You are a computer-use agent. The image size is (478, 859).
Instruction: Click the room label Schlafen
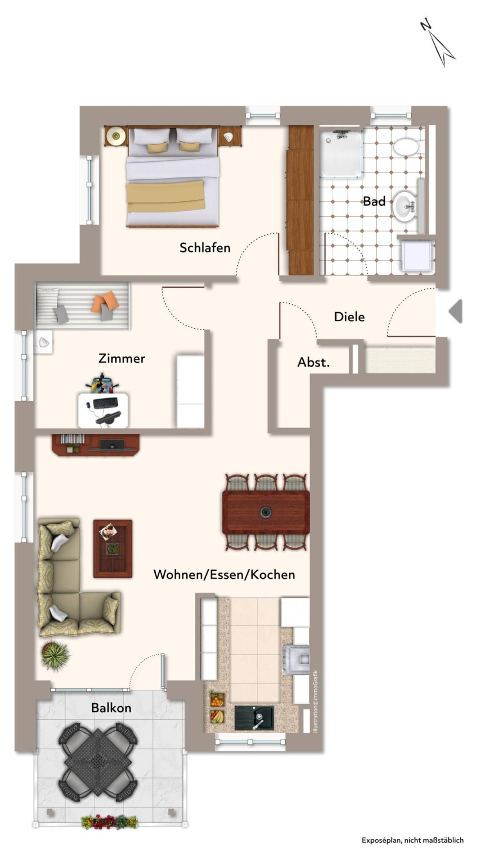[205, 247]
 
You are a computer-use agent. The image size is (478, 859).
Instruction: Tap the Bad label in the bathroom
[374, 201]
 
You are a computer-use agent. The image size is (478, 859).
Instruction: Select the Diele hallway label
[349, 317]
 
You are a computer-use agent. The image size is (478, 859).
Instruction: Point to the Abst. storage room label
[313, 362]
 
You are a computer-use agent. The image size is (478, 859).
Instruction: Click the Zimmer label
[122, 358]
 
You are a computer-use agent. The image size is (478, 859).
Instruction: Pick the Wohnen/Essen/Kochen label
[224, 574]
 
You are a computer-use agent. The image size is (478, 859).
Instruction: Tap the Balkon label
[111, 708]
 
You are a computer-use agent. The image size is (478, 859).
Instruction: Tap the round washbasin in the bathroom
[403, 205]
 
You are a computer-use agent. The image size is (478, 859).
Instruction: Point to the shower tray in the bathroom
[341, 154]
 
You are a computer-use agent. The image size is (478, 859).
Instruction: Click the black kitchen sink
[254, 718]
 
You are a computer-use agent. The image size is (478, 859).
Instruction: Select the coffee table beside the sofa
[113, 549]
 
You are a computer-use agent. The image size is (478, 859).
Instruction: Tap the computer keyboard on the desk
[105, 403]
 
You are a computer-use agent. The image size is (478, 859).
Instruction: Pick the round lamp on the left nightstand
[116, 136]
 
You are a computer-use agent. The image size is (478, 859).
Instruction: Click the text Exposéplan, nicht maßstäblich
[413, 840]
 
